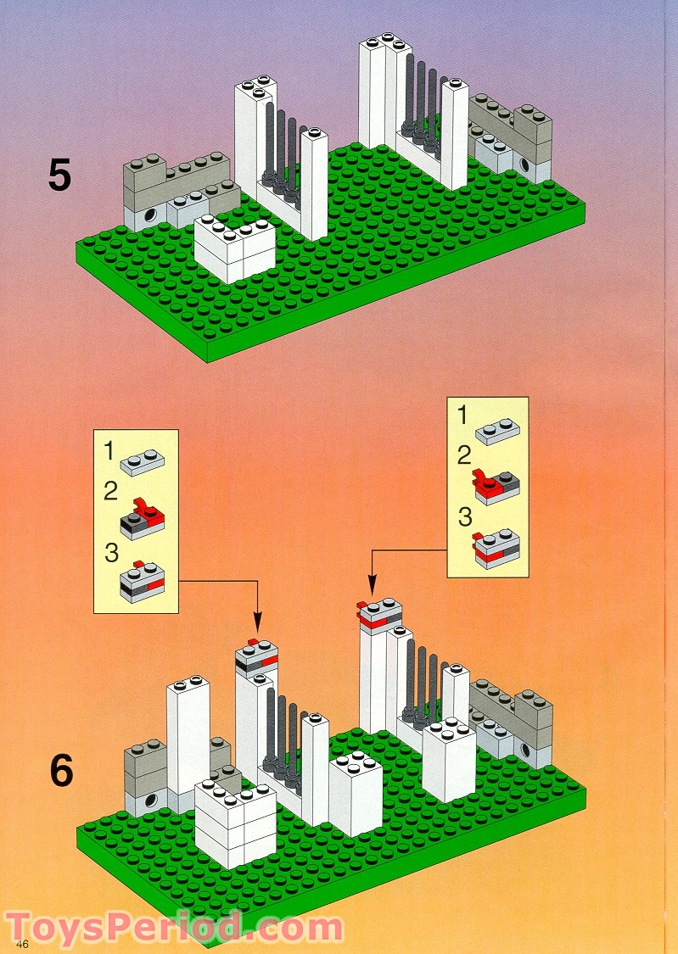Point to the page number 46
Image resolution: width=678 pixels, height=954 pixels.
pyautogui.click(x=22, y=945)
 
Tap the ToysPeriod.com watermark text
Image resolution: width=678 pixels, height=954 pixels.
pyautogui.click(x=174, y=928)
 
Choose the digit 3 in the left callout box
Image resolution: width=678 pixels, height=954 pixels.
pyautogui.click(x=109, y=552)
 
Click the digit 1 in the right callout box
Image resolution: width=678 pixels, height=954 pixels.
pyautogui.click(x=462, y=416)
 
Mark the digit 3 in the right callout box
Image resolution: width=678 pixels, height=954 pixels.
pyautogui.click(x=464, y=516)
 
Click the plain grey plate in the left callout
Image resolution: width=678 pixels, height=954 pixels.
pyautogui.click(x=143, y=462)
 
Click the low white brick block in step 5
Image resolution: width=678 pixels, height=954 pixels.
pyautogui.click(x=235, y=250)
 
